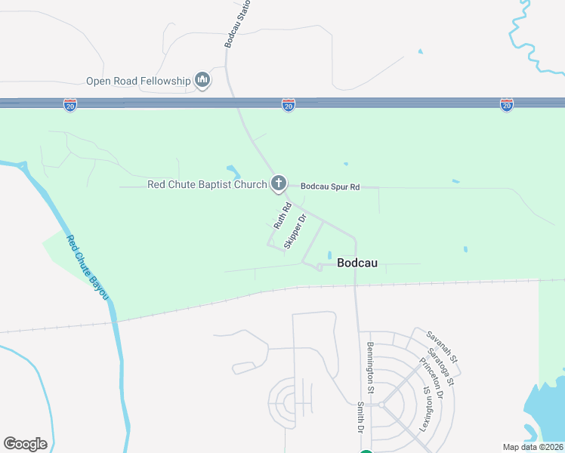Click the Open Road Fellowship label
pyautogui.click(x=139, y=81)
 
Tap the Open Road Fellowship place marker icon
pyautogui.click(x=202, y=80)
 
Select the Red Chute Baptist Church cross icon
pyautogui.click(x=279, y=183)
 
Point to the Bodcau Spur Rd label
pyautogui.click(x=330, y=186)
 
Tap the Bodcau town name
pyautogui.click(x=357, y=263)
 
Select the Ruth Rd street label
pyautogui.click(x=282, y=216)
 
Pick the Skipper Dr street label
pyautogui.click(x=295, y=231)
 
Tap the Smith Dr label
pyautogui.click(x=361, y=416)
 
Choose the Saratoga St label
pyautogui.click(x=440, y=367)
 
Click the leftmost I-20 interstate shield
pyautogui.click(x=69, y=105)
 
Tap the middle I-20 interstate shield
pyautogui.click(x=289, y=105)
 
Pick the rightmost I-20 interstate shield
pyautogui.click(x=507, y=105)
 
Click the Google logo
pyautogui.click(x=25, y=444)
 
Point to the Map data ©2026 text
pyautogui.click(x=533, y=447)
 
